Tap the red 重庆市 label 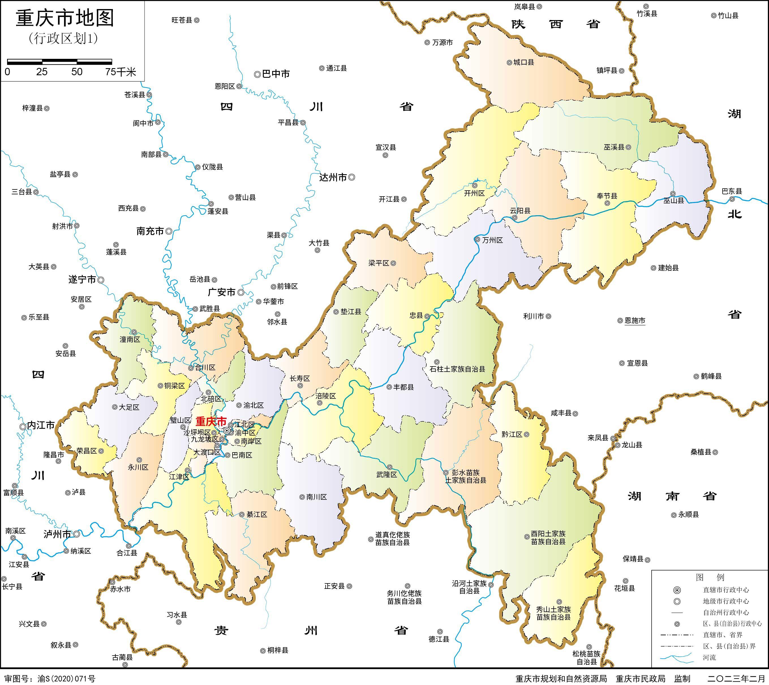(x=211, y=421)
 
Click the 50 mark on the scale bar (x=77, y=72)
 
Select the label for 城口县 (x=523, y=63)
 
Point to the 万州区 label (x=492, y=240)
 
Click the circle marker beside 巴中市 (x=257, y=74)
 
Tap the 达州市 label (x=333, y=178)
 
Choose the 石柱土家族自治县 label (x=457, y=369)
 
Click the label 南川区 (x=316, y=497)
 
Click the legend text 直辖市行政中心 (x=726, y=590)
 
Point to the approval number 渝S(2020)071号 (x=66, y=678)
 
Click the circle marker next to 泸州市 (x=76, y=534)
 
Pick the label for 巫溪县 (x=614, y=147)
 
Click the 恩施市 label (x=635, y=321)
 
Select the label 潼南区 (x=130, y=339)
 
